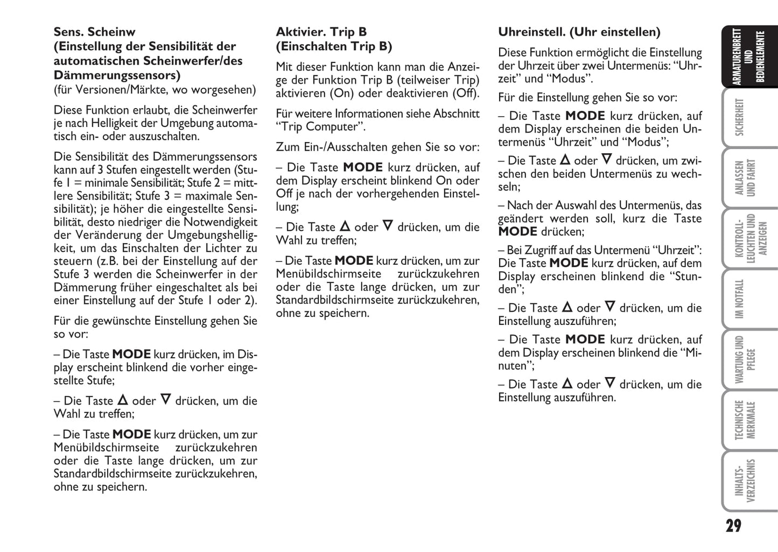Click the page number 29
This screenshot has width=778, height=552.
point(733,526)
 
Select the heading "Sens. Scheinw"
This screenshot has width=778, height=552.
point(94,32)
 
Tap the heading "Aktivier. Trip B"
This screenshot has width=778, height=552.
point(321,32)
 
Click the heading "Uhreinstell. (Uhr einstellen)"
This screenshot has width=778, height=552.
point(579,32)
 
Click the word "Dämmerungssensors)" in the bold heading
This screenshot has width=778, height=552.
point(117,75)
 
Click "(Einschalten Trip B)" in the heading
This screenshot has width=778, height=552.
point(334,46)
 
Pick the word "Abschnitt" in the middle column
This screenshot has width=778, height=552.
point(457,114)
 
